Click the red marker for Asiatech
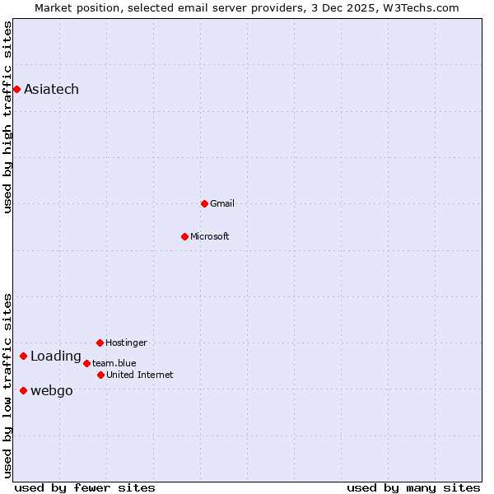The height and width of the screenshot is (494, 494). point(16,89)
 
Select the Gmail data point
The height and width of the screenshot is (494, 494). point(204,203)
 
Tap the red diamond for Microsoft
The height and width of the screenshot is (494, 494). point(184,236)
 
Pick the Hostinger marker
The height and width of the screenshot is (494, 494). point(100,343)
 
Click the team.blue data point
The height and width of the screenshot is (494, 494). point(86,363)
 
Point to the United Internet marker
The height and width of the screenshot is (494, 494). point(100,375)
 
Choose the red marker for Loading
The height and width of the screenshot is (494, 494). point(23,357)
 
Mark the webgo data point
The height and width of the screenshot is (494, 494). point(23,390)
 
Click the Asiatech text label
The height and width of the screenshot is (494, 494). point(51,89)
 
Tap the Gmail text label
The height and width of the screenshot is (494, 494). point(222,203)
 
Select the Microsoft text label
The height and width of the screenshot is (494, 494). point(210,236)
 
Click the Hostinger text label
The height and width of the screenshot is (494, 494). point(126,343)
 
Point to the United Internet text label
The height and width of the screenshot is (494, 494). point(140,375)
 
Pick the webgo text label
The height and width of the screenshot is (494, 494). point(51,390)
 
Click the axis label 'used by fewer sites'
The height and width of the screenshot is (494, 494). point(84,487)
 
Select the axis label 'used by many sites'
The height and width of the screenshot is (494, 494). point(413,487)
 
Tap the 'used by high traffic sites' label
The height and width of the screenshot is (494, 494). point(7,117)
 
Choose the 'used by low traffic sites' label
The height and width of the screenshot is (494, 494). point(7,385)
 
